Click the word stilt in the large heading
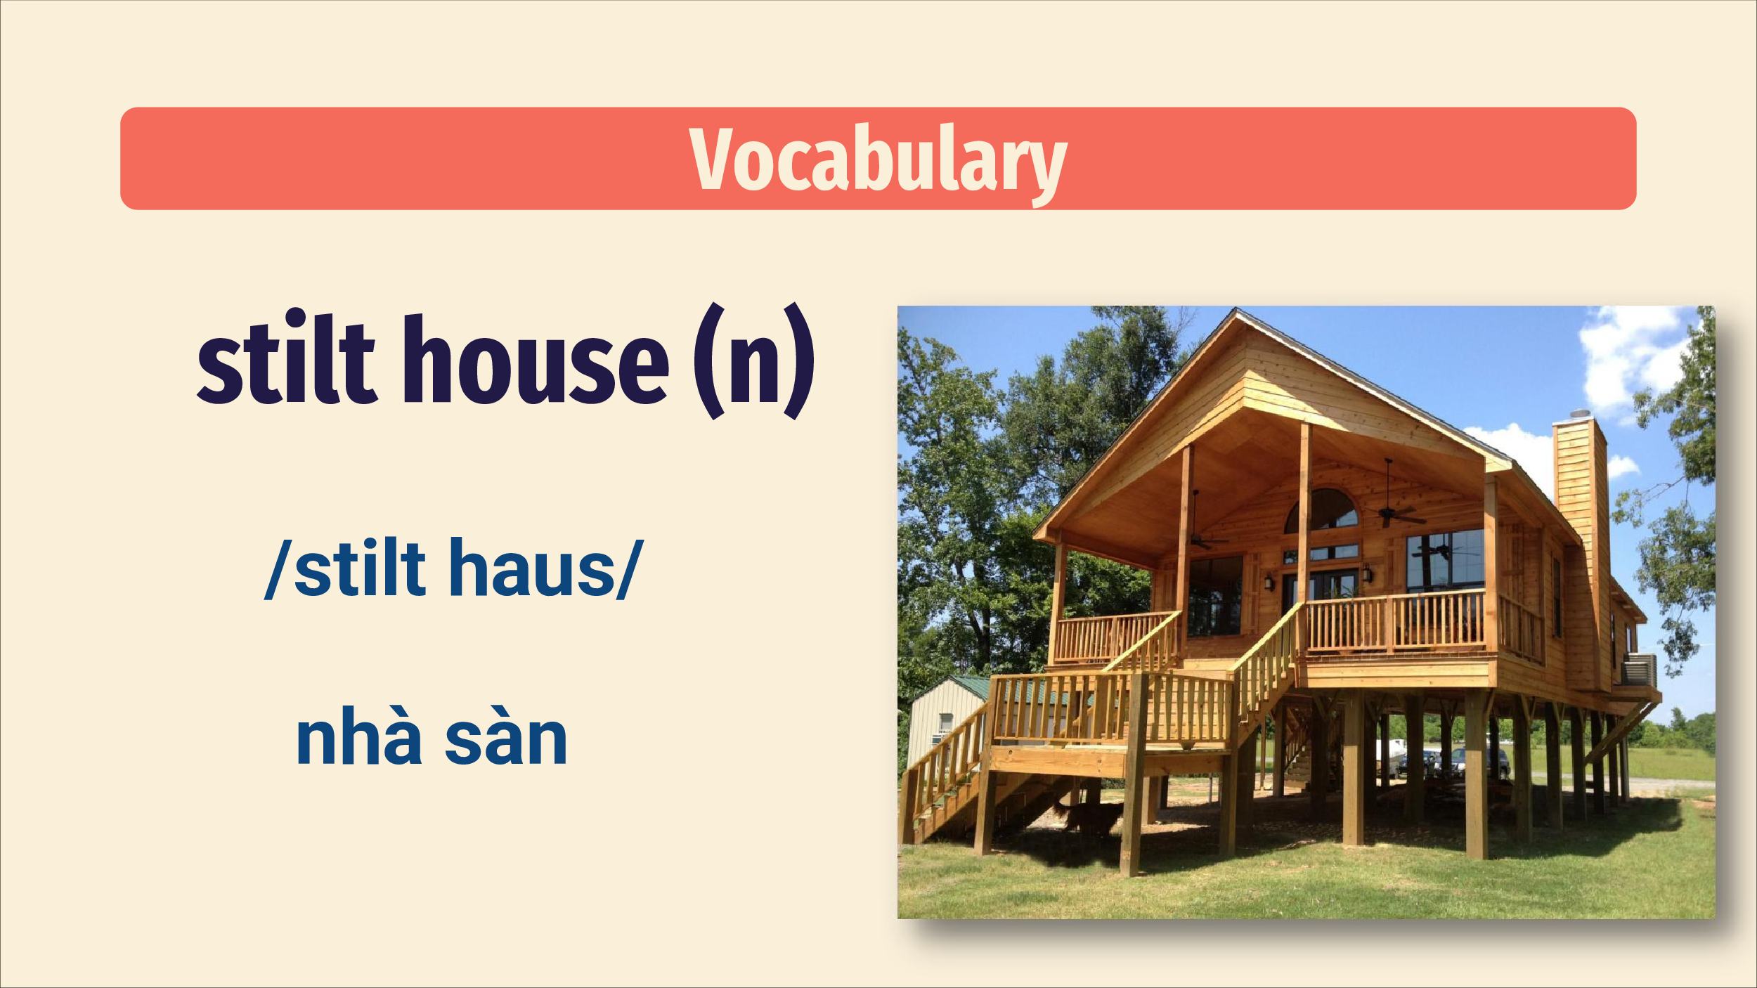[x=287, y=358]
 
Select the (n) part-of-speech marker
[x=754, y=361]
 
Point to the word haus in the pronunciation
[x=531, y=568]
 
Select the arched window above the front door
[x=1321, y=510]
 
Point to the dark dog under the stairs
[x=1093, y=817]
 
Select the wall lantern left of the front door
[x=1269, y=582]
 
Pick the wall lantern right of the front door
[x=1368, y=573]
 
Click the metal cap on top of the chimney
[x=1580, y=413]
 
